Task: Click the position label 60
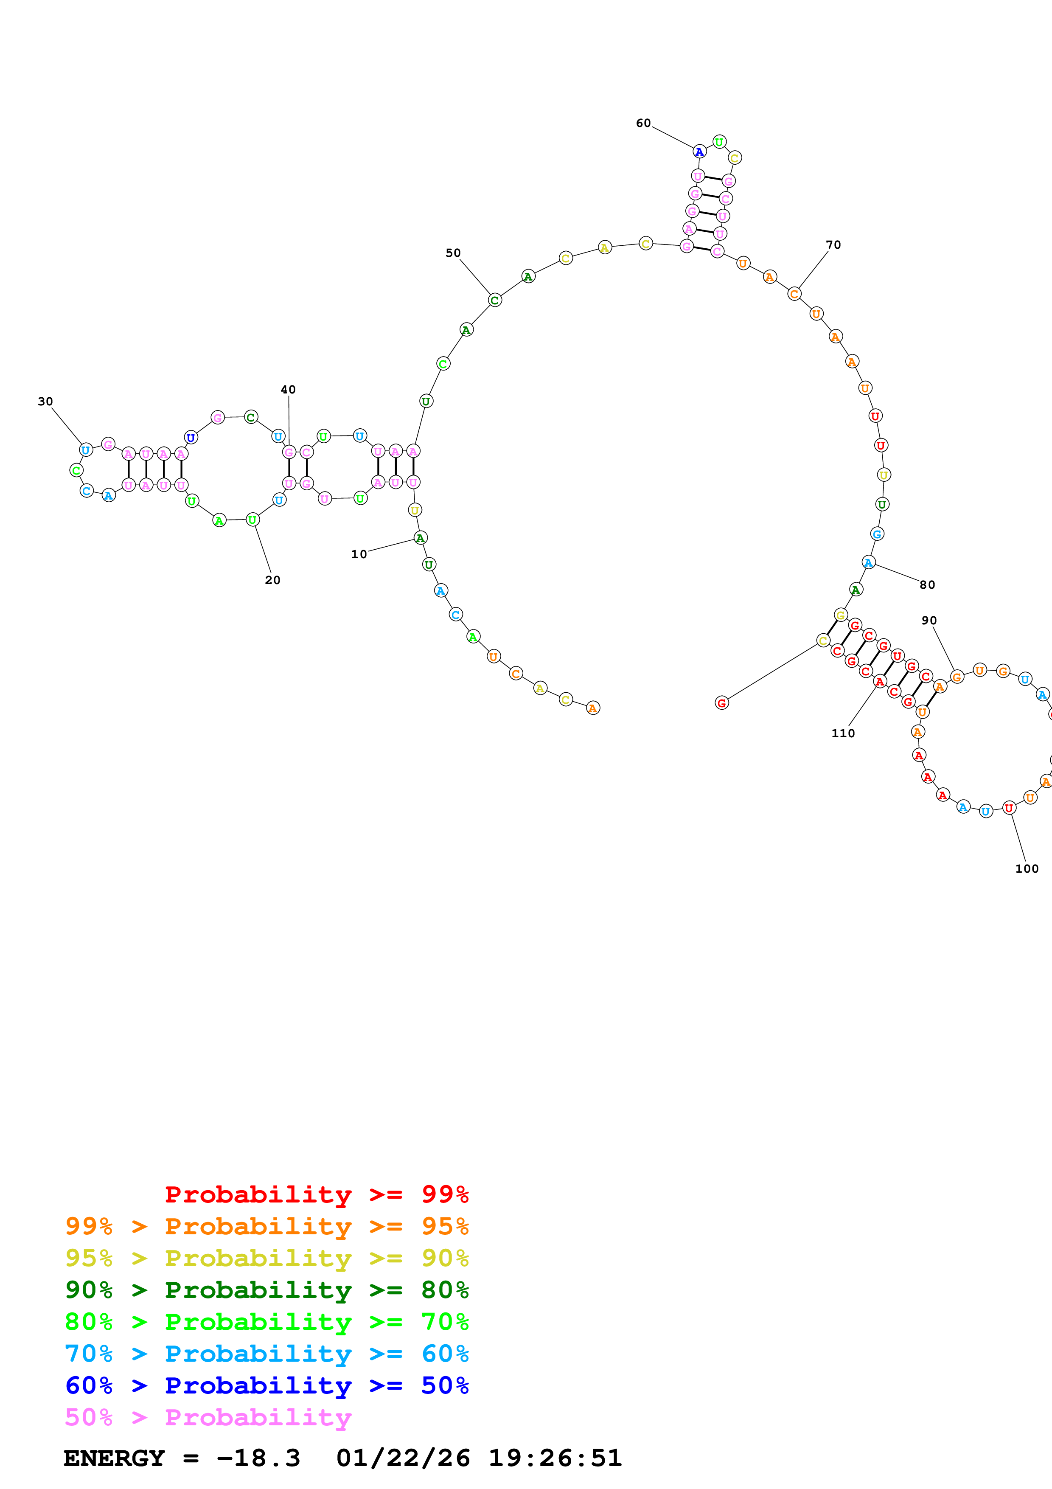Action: [x=643, y=123]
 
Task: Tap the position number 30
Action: [x=45, y=402]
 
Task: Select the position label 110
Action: [x=843, y=733]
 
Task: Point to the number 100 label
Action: [x=1027, y=869]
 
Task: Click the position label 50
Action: [x=453, y=253]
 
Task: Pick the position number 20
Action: [x=273, y=580]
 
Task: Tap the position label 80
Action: [x=928, y=585]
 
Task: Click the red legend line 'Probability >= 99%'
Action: [x=317, y=1194]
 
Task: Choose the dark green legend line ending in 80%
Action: [x=267, y=1290]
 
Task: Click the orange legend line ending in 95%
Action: [x=267, y=1226]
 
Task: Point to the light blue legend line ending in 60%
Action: [x=267, y=1354]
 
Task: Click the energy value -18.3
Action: [x=258, y=1458]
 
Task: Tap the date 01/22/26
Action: [x=403, y=1458]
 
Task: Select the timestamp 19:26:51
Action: [x=555, y=1458]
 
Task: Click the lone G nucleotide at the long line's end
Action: [x=721, y=703]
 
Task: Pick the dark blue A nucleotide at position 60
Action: [x=699, y=152]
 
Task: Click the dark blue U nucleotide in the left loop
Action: [x=191, y=438]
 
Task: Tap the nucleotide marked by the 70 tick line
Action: [x=794, y=294]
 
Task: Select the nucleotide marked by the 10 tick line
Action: [x=420, y=538]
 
